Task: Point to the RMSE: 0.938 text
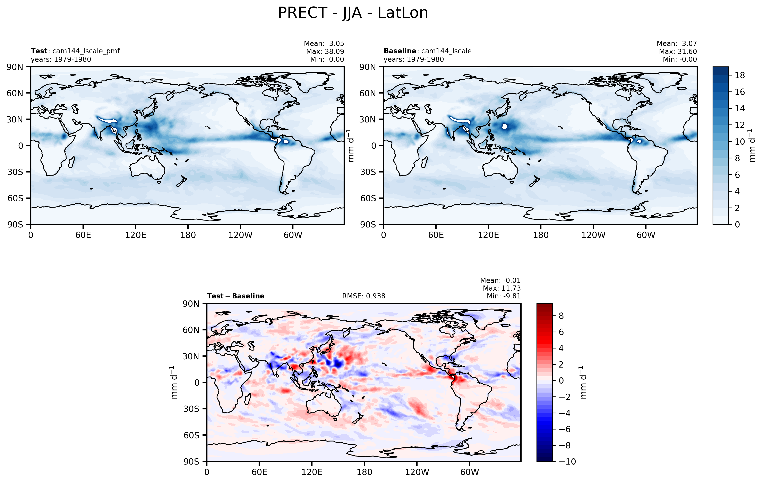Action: [363, 296]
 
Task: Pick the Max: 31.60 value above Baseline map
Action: [678, 51]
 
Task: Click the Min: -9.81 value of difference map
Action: [504, 296]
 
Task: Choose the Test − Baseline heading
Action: [235, 296]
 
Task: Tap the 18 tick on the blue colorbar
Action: [739, 75]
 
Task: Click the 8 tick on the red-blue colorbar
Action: [561, 316]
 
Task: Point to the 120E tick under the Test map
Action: [136, 235]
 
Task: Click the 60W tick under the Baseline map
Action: [646, 235]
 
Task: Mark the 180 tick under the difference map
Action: [364, 472]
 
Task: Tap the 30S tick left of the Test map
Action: [15, 172]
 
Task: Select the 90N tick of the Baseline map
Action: [368, 67]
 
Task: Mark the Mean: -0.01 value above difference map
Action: [500, 281]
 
